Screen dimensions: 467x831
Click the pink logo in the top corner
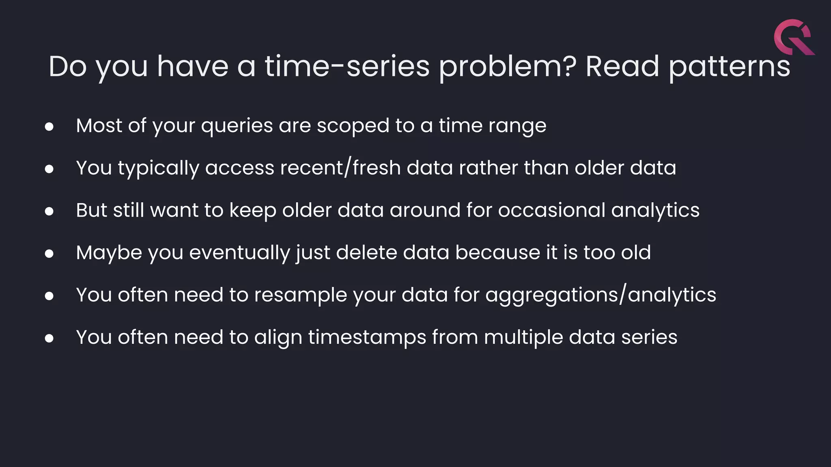coord(794,37)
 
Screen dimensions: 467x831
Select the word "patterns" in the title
coord(729,67)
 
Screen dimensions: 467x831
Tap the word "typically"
coord(158,169)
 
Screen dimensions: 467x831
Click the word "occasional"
coord(551,210)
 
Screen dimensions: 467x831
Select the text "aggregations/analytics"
coord(601,296)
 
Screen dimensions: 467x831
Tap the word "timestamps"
coord(367,338)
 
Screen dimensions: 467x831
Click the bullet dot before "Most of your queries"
coord(49,127)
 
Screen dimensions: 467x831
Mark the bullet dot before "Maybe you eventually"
coord(49,254)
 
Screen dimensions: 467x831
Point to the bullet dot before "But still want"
coord(49,211)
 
